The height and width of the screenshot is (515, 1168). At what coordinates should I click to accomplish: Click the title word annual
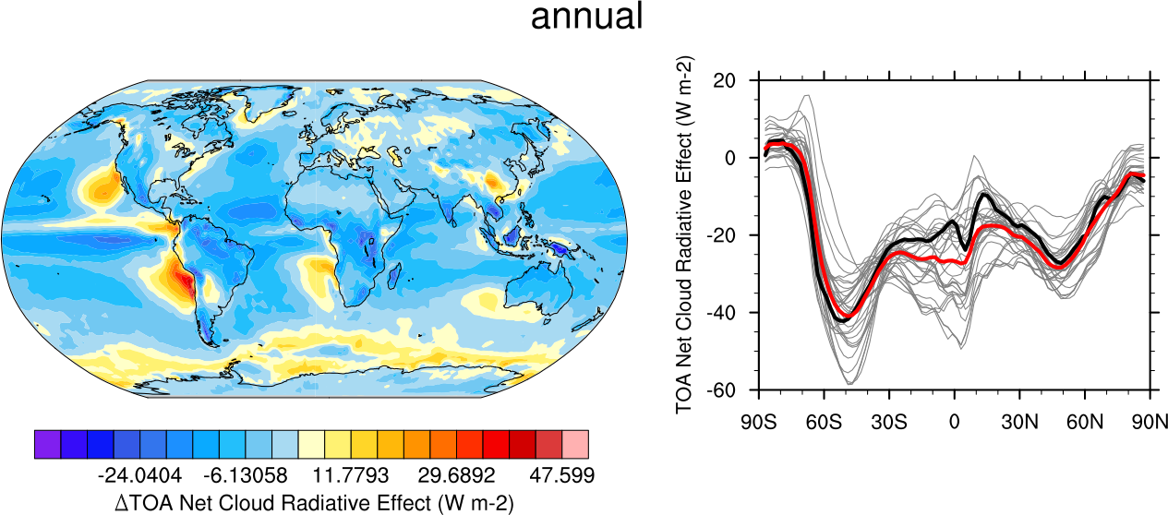click(x=586, y=17)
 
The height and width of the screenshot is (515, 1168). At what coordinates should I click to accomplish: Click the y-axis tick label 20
click(x=735, y=80)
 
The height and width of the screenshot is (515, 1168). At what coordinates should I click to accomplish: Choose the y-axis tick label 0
click(x=741, y=158)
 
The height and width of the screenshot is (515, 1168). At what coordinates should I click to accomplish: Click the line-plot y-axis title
click(x=685, y=234)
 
